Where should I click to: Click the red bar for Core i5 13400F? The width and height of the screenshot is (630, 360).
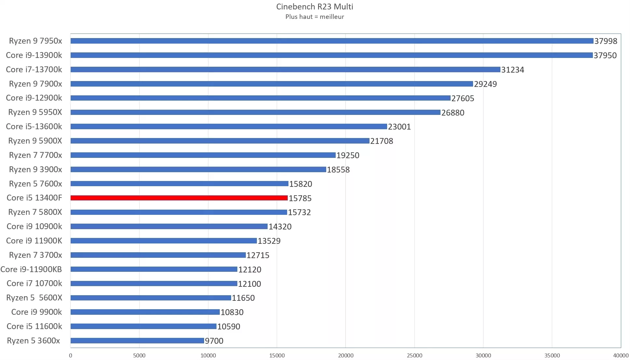[179, 198]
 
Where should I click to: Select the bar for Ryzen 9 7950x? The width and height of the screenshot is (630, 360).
[331, 41]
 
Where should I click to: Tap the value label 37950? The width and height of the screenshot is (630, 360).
[605, 55]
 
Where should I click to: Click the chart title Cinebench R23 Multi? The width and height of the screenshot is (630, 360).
[315, 7]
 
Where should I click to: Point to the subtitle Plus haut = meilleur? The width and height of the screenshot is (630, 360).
[315, 17]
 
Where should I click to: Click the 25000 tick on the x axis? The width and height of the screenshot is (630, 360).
[414, 355]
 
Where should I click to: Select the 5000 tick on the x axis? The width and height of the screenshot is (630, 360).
[139, 355]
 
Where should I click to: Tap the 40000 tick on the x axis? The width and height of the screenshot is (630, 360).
[621, 355]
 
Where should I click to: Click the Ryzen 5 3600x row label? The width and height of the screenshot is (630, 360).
[34, 341]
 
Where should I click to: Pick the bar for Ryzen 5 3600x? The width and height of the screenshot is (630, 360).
[137, 341]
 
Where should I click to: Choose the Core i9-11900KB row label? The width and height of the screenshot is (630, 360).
[31, 270]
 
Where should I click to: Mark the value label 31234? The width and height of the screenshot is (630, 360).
[512, 70]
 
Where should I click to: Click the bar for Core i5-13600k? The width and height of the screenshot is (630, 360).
[229, 127]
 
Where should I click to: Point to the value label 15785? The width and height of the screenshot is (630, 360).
[300, 198]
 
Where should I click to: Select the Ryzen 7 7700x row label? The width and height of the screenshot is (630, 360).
[35, 155]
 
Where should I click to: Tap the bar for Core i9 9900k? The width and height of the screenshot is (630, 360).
[145, 312]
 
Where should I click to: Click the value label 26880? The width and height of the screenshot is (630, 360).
[453, 113]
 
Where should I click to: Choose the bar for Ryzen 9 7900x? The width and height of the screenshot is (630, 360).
[272, 84]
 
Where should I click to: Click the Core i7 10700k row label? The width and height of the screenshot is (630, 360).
[34, 284]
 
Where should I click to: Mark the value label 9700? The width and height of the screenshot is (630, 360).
[214, 341]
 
